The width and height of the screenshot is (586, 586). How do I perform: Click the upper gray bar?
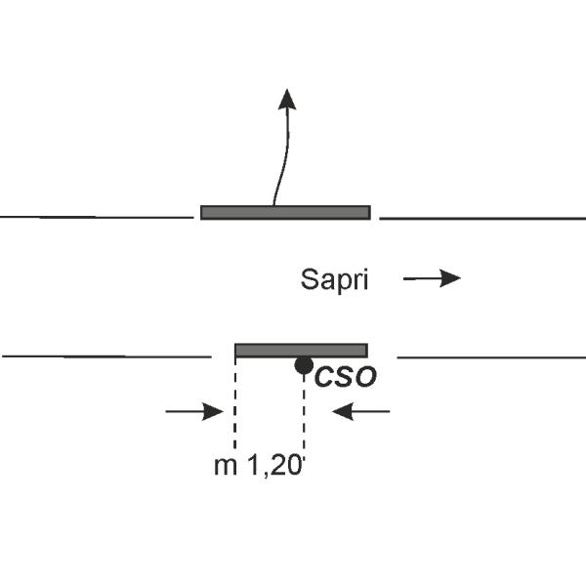click(285, 212)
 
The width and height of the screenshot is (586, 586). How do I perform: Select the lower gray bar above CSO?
click(301, 351)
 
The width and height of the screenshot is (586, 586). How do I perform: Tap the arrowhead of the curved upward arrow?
click(287, 100)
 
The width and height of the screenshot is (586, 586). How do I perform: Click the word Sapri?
click(334, 280)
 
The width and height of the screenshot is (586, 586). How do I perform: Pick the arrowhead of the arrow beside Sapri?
click(450, 278)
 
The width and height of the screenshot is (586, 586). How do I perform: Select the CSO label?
click(346, 377)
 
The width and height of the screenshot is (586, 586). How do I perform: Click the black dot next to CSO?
click(304, 365)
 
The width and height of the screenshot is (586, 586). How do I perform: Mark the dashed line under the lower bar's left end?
click(234, 402)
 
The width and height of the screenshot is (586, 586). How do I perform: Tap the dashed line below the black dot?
click(304, 411)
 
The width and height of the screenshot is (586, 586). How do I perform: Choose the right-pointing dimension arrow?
click(194, 412)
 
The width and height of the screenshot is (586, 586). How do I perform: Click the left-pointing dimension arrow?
click(361, 411)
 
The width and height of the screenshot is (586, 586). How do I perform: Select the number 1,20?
click(274, 466)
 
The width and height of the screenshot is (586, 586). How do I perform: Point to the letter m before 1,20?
click(226, 468)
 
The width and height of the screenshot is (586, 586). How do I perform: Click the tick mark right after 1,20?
click(304, 460)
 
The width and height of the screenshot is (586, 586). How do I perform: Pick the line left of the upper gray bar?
click(97, 217)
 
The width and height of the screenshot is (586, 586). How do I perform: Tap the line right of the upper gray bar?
click(482, 218)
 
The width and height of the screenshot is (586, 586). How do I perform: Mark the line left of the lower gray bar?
click(106, 356)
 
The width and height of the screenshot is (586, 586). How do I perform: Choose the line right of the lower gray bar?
click(491, 357)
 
